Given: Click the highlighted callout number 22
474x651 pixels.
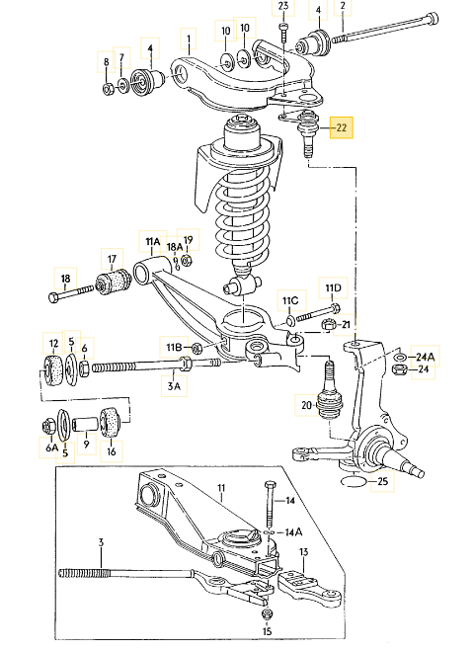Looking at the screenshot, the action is pyautogui.click(x=341, y=127).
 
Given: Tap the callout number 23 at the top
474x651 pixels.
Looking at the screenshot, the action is pyautogui.click(x=283, y=6).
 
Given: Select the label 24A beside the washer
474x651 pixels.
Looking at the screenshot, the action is pyautogui.click(x=425, y=357).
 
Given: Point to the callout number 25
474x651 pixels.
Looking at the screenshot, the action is pyautogui.click(x=383, y=481).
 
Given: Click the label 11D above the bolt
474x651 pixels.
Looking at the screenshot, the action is pyautogui.click(x=333, y=287).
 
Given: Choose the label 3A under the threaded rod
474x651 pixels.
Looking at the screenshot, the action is pyautogui.click(x=174, y=386).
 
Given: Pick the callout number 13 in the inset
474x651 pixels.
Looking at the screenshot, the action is pyautogui.click(x=304, y=552).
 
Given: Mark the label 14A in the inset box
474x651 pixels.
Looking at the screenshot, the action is pyautogui.click(x=293, y=531).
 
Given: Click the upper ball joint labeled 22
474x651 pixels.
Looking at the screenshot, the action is pyautogui.click(x=308, y=132).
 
